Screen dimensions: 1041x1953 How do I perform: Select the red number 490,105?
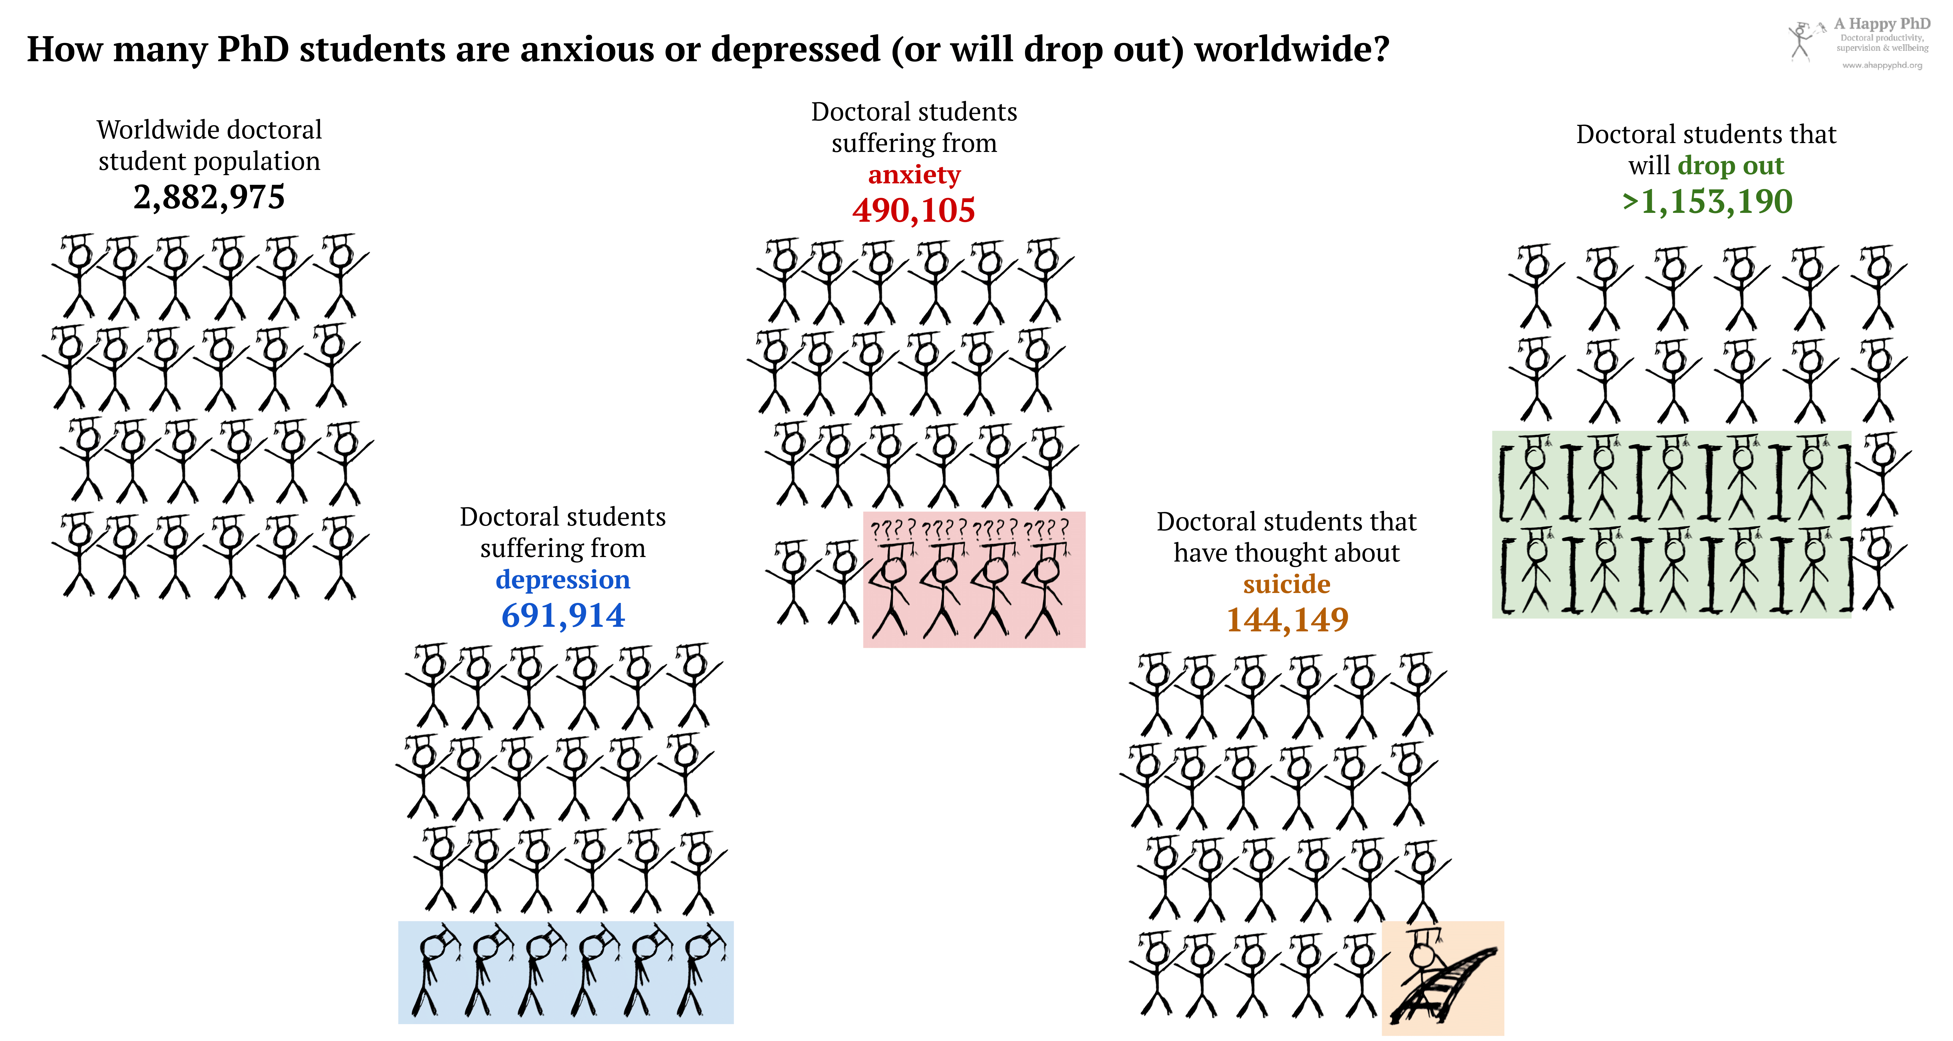click(914, 210)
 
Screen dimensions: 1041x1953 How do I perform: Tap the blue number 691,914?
click(563, 615)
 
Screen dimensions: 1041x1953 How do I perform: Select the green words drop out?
click(1731, 165)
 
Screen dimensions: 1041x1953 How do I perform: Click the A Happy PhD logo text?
click(1882, 24)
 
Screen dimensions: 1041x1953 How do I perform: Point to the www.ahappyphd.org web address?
click(1882, 65)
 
